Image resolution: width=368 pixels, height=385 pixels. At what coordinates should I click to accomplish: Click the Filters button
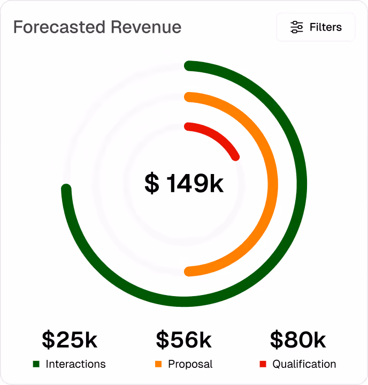316,27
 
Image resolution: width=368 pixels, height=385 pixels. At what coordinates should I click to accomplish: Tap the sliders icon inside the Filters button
296,27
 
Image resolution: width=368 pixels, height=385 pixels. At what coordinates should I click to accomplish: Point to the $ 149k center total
184,184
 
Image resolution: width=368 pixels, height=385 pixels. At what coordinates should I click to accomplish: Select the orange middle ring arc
272,184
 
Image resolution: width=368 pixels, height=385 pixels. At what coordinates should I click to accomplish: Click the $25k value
70,339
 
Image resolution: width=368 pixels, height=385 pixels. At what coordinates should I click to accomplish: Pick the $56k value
184,339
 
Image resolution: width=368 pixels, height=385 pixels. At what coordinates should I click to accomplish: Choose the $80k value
298,339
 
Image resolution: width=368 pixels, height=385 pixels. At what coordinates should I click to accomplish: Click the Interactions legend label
75,364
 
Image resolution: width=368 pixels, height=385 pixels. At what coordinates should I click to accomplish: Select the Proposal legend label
190,364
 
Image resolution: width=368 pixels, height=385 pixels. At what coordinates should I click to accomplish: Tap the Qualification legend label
304,364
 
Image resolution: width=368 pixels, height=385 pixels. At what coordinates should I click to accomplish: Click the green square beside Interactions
36,364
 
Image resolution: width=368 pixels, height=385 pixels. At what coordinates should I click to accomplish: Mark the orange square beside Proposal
158,364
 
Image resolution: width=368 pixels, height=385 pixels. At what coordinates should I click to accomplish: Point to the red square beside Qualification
263,364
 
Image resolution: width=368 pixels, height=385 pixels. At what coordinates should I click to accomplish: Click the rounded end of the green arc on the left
66,189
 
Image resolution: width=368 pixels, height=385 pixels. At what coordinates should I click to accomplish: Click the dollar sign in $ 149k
152,184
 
